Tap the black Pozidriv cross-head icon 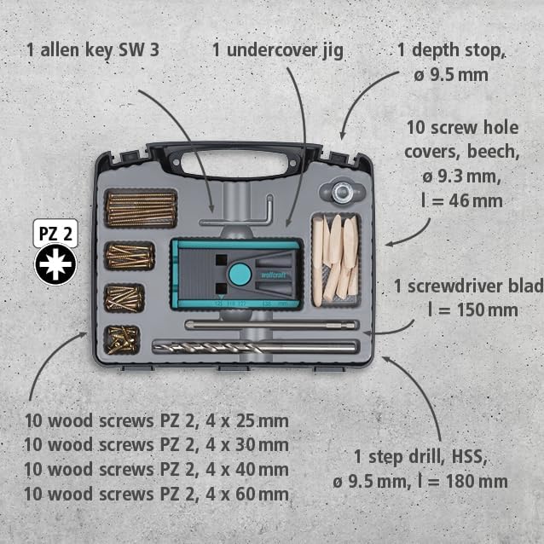[55, 264]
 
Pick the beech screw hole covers [336, 255]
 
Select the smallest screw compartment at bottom [123, 339]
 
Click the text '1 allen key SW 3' [93, 49]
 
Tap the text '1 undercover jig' [278, 49]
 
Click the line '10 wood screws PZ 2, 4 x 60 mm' [156, 494]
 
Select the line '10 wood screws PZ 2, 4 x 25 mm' [156, 421]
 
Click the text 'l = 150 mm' [469, 308]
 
